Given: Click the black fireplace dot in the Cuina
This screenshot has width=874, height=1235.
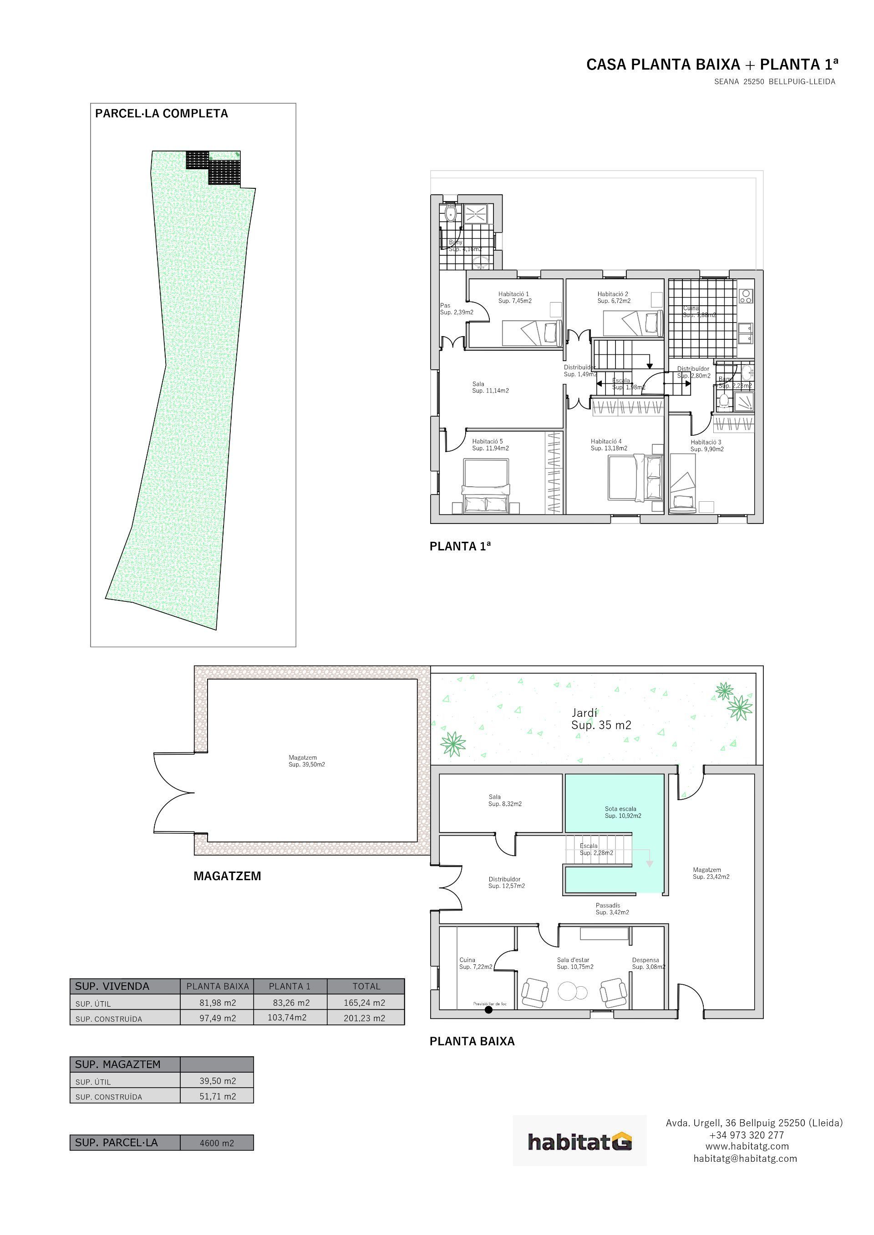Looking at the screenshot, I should coord(488,1010).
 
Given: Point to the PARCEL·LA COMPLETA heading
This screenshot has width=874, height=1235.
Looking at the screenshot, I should coord(162,114).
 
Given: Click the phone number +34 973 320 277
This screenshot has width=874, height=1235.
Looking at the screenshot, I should coord(747,1135).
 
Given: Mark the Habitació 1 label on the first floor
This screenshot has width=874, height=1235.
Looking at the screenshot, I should coord(514,297).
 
